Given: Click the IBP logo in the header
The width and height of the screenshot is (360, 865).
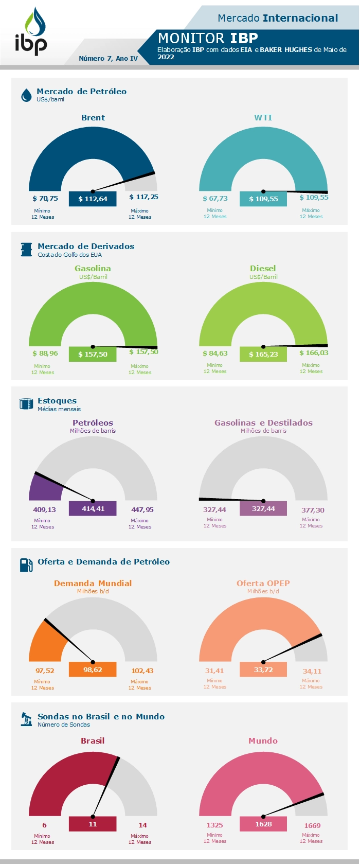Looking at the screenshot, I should coord(30,32).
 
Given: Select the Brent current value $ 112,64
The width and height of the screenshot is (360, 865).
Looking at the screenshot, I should coord(93,199).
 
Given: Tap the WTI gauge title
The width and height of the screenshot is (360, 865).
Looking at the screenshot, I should coord(263,118).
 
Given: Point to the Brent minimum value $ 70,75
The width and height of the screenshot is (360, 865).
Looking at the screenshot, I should coord(45,198).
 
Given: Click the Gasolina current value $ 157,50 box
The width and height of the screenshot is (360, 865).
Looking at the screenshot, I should coord(93,354).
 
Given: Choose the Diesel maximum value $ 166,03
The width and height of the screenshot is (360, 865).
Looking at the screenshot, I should coord(314,353).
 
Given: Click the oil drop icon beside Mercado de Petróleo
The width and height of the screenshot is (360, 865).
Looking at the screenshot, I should coord(26,95).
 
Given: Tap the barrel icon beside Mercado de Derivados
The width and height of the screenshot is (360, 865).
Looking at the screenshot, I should coord(26,250).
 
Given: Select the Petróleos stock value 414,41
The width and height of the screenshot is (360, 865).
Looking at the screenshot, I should coord(93,508).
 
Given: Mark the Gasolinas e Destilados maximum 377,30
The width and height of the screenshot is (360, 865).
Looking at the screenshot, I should coord(313,510).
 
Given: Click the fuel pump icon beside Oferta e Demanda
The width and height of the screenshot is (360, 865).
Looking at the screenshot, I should coord(26,564).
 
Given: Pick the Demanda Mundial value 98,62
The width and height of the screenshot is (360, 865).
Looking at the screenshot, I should coord(93,669).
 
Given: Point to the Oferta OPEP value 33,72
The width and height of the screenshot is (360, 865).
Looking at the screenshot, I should coord(263,669).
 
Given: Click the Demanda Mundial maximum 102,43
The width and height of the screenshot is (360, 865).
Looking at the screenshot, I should coord(142,670).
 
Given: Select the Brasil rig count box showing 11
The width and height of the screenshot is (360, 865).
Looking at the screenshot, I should coord(93,824).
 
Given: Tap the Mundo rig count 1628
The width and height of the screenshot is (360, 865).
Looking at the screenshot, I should coord(263,824).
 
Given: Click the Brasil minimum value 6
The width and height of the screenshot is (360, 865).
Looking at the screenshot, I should coord(44,825).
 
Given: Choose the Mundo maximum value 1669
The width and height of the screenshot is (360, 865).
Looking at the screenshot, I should coord(312,825).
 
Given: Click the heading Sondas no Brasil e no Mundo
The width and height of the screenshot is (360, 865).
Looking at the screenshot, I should coord(101,716).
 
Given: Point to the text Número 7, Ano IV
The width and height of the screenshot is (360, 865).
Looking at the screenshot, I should coord(108,58).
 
